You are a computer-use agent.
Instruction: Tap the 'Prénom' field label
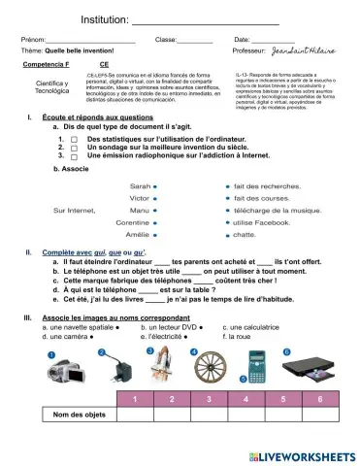[x=34, y=39]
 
